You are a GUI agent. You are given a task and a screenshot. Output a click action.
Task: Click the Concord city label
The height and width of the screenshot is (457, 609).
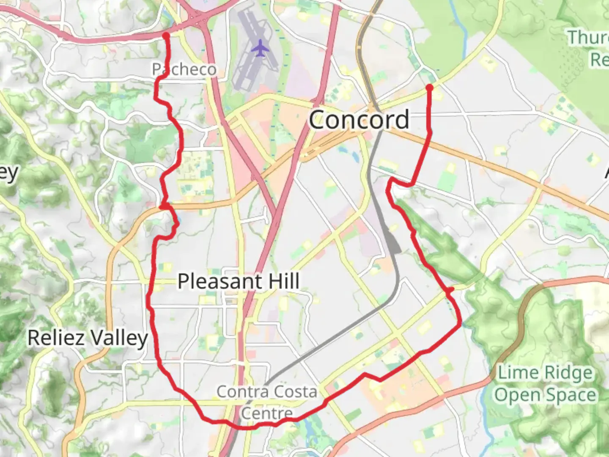tap(359, 120)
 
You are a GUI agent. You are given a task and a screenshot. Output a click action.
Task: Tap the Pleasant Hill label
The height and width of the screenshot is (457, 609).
tap(239, 281)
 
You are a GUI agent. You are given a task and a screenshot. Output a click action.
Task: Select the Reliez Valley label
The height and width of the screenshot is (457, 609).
tap(88, 338)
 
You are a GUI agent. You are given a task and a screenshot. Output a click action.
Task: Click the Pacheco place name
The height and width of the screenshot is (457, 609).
tap(184, 69)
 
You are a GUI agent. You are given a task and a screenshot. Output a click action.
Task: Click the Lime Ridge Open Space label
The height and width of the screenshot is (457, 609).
tap(545, 384)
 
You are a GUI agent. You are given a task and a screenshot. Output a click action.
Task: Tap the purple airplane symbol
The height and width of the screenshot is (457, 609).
tap(260, 47)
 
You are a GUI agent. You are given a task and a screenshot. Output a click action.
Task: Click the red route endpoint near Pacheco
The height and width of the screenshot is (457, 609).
tap(166, 35)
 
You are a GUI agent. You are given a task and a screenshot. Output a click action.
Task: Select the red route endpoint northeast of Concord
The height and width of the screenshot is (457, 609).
tap(430, 88)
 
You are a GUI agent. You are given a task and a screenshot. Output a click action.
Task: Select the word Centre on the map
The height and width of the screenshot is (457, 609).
tap(267, 413)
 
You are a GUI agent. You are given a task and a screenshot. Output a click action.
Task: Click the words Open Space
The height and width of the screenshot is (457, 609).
tap(545, 395)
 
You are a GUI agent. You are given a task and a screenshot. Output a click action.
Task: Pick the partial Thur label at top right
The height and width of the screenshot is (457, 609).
tap(588, 38)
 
